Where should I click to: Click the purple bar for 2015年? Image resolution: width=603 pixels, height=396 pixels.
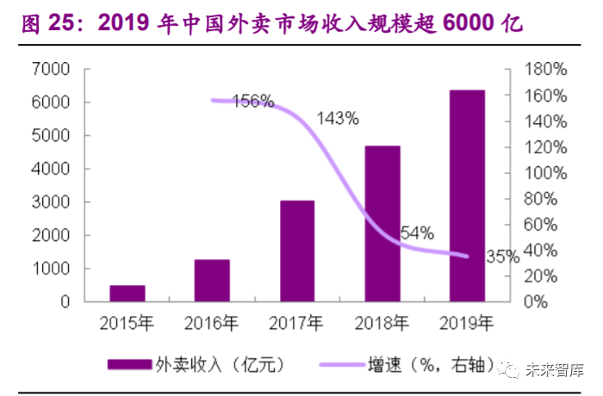pos(127,293)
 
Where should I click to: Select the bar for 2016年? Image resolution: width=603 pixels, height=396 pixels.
pos(212,280)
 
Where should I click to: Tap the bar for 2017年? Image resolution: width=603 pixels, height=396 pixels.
pos(296,251)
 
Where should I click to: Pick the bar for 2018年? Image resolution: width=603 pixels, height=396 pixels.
pos(382,224)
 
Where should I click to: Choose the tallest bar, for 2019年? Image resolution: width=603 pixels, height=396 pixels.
pos(466,195)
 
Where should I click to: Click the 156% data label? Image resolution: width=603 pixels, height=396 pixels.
pos(253,102)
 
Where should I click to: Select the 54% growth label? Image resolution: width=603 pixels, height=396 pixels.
pos(417,232)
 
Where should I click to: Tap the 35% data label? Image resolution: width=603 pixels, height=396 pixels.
pos(501,256)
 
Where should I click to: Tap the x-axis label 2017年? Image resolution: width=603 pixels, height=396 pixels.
pos(296,324)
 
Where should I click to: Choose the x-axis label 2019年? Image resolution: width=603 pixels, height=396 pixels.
pos(466,324)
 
